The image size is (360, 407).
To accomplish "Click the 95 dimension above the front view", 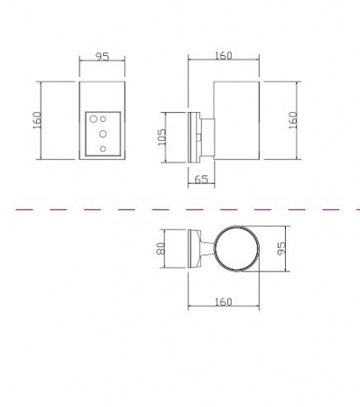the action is coord(102,57).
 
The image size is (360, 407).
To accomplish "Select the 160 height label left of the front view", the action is coord(37,120).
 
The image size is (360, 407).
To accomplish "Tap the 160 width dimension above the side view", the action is coord(223,56).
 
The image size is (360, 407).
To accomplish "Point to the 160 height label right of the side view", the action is coord(293,120).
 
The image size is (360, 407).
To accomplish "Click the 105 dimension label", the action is coord(162,137).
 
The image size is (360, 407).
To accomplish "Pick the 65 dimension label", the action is coord(202,179).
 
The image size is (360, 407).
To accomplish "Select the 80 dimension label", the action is coord(161,249).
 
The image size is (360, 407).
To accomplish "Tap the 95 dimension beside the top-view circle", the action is coord(280,249).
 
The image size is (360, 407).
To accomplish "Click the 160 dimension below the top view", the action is coord(223,302).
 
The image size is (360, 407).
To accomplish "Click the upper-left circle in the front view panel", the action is coord(93,119).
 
